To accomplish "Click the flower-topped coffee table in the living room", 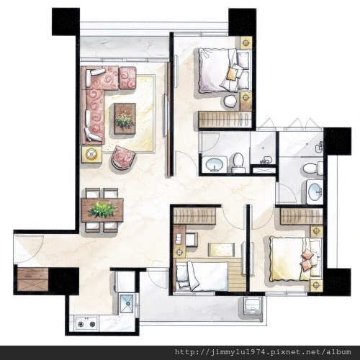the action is click(125, 119).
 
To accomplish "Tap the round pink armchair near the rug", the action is click(123, 158).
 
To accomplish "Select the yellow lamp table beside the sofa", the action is click(91, 154).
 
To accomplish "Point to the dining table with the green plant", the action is click(102, 210).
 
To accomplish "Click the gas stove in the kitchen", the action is click(86, 323).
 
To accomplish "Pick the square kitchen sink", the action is click(127, 303).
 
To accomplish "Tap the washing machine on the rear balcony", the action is click(253, 305).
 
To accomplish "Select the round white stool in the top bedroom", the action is click(230, 102).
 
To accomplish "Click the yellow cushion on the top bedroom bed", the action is click(231, 74).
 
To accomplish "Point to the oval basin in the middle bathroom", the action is click(215, 165).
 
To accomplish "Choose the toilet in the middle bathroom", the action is click(238, 163).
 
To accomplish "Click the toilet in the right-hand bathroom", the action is click(312, 168).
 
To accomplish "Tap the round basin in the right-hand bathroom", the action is click(315, 192).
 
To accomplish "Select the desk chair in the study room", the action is click(192, 239).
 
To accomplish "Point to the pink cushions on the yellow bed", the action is click(307, 260).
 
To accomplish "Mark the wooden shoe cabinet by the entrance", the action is click(33, 279).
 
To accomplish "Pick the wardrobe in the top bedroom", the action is click(225, 120).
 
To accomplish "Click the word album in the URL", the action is click(338, 352).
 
